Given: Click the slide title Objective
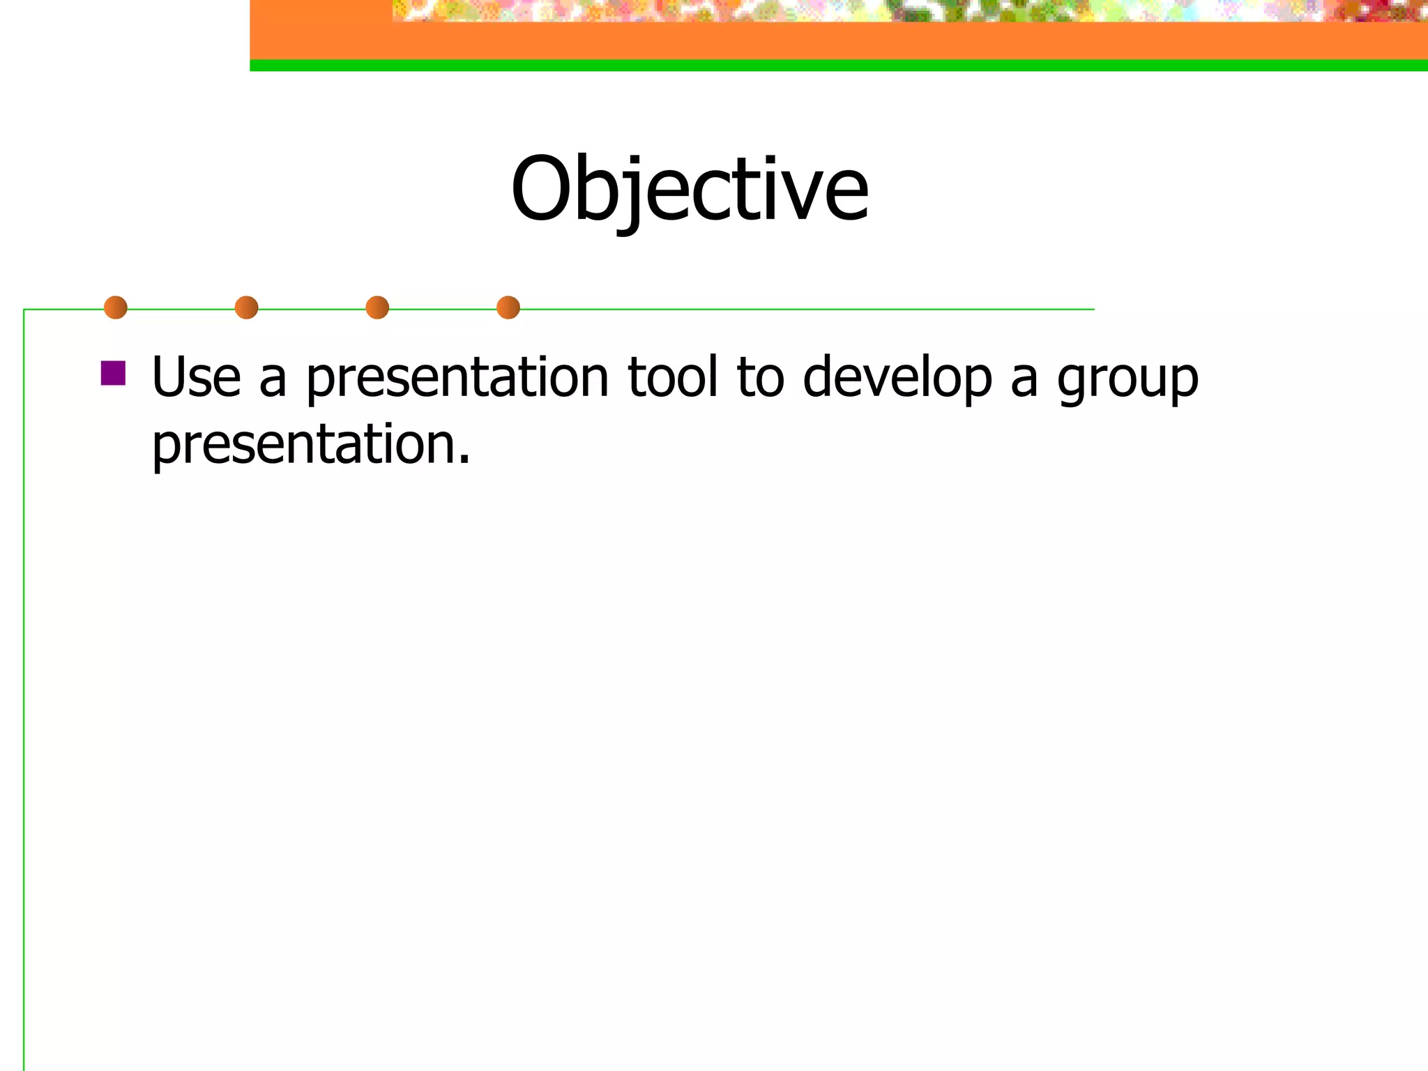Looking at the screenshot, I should pyautogui.click(x=690, y=190).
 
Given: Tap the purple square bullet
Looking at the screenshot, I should pyautogui.click(x=113, y=373).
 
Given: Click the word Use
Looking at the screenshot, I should pyautogui.click(x=196, y=378).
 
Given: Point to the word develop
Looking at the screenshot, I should pyautogui.click(x=897, y=378).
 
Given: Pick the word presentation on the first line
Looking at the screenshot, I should pyautogui.click(x=457, y=378).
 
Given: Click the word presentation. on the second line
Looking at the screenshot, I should pyautogui.click(x=310, y=445).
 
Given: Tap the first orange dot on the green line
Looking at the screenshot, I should pyautogui.click(x=116, y=307).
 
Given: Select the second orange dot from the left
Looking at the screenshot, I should pyautogui.click(x=246, y=307).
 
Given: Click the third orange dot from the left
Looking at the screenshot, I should pyautogui.click(x=377, y=307).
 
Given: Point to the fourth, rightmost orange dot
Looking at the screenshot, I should pyautogui.click(x=508, y=307).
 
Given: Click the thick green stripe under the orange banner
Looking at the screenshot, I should pyautogui.click(x=837, y=66).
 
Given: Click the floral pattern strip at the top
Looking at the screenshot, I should pyautogui.click(x=906, y=10).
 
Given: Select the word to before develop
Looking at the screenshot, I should pyautogui.click(x=760, y=378).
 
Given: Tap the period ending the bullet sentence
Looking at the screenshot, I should pyautogui.click(x=464, y=461).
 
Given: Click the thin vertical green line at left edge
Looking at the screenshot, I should pyautogui.click(x=24, y=697).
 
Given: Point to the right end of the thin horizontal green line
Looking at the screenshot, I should pyautogui.click(x=1091, y=309).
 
